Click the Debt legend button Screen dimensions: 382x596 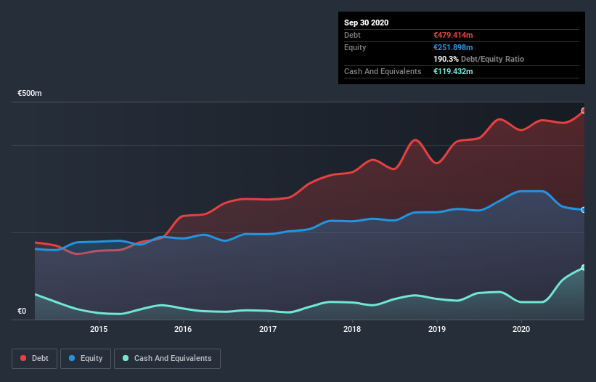33,358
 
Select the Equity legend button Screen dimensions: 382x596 86,358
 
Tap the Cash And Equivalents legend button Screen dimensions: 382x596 167,358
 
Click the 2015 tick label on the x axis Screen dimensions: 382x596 99,329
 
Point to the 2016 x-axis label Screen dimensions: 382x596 183,329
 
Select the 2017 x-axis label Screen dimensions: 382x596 268,329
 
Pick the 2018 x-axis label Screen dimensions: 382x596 352,329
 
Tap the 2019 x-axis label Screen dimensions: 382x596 436,329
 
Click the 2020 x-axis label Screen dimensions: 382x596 521,329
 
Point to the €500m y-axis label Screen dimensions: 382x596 30,94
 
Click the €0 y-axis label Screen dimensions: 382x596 22,312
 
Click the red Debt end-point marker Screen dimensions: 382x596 584,111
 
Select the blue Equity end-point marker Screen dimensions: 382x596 584,210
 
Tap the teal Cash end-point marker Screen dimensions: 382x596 584,268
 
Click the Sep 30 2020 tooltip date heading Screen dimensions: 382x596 366,23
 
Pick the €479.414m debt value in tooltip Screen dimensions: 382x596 453,35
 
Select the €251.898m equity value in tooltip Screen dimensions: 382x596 453,47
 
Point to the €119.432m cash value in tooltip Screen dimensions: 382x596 453,71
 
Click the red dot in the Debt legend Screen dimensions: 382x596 23,358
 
